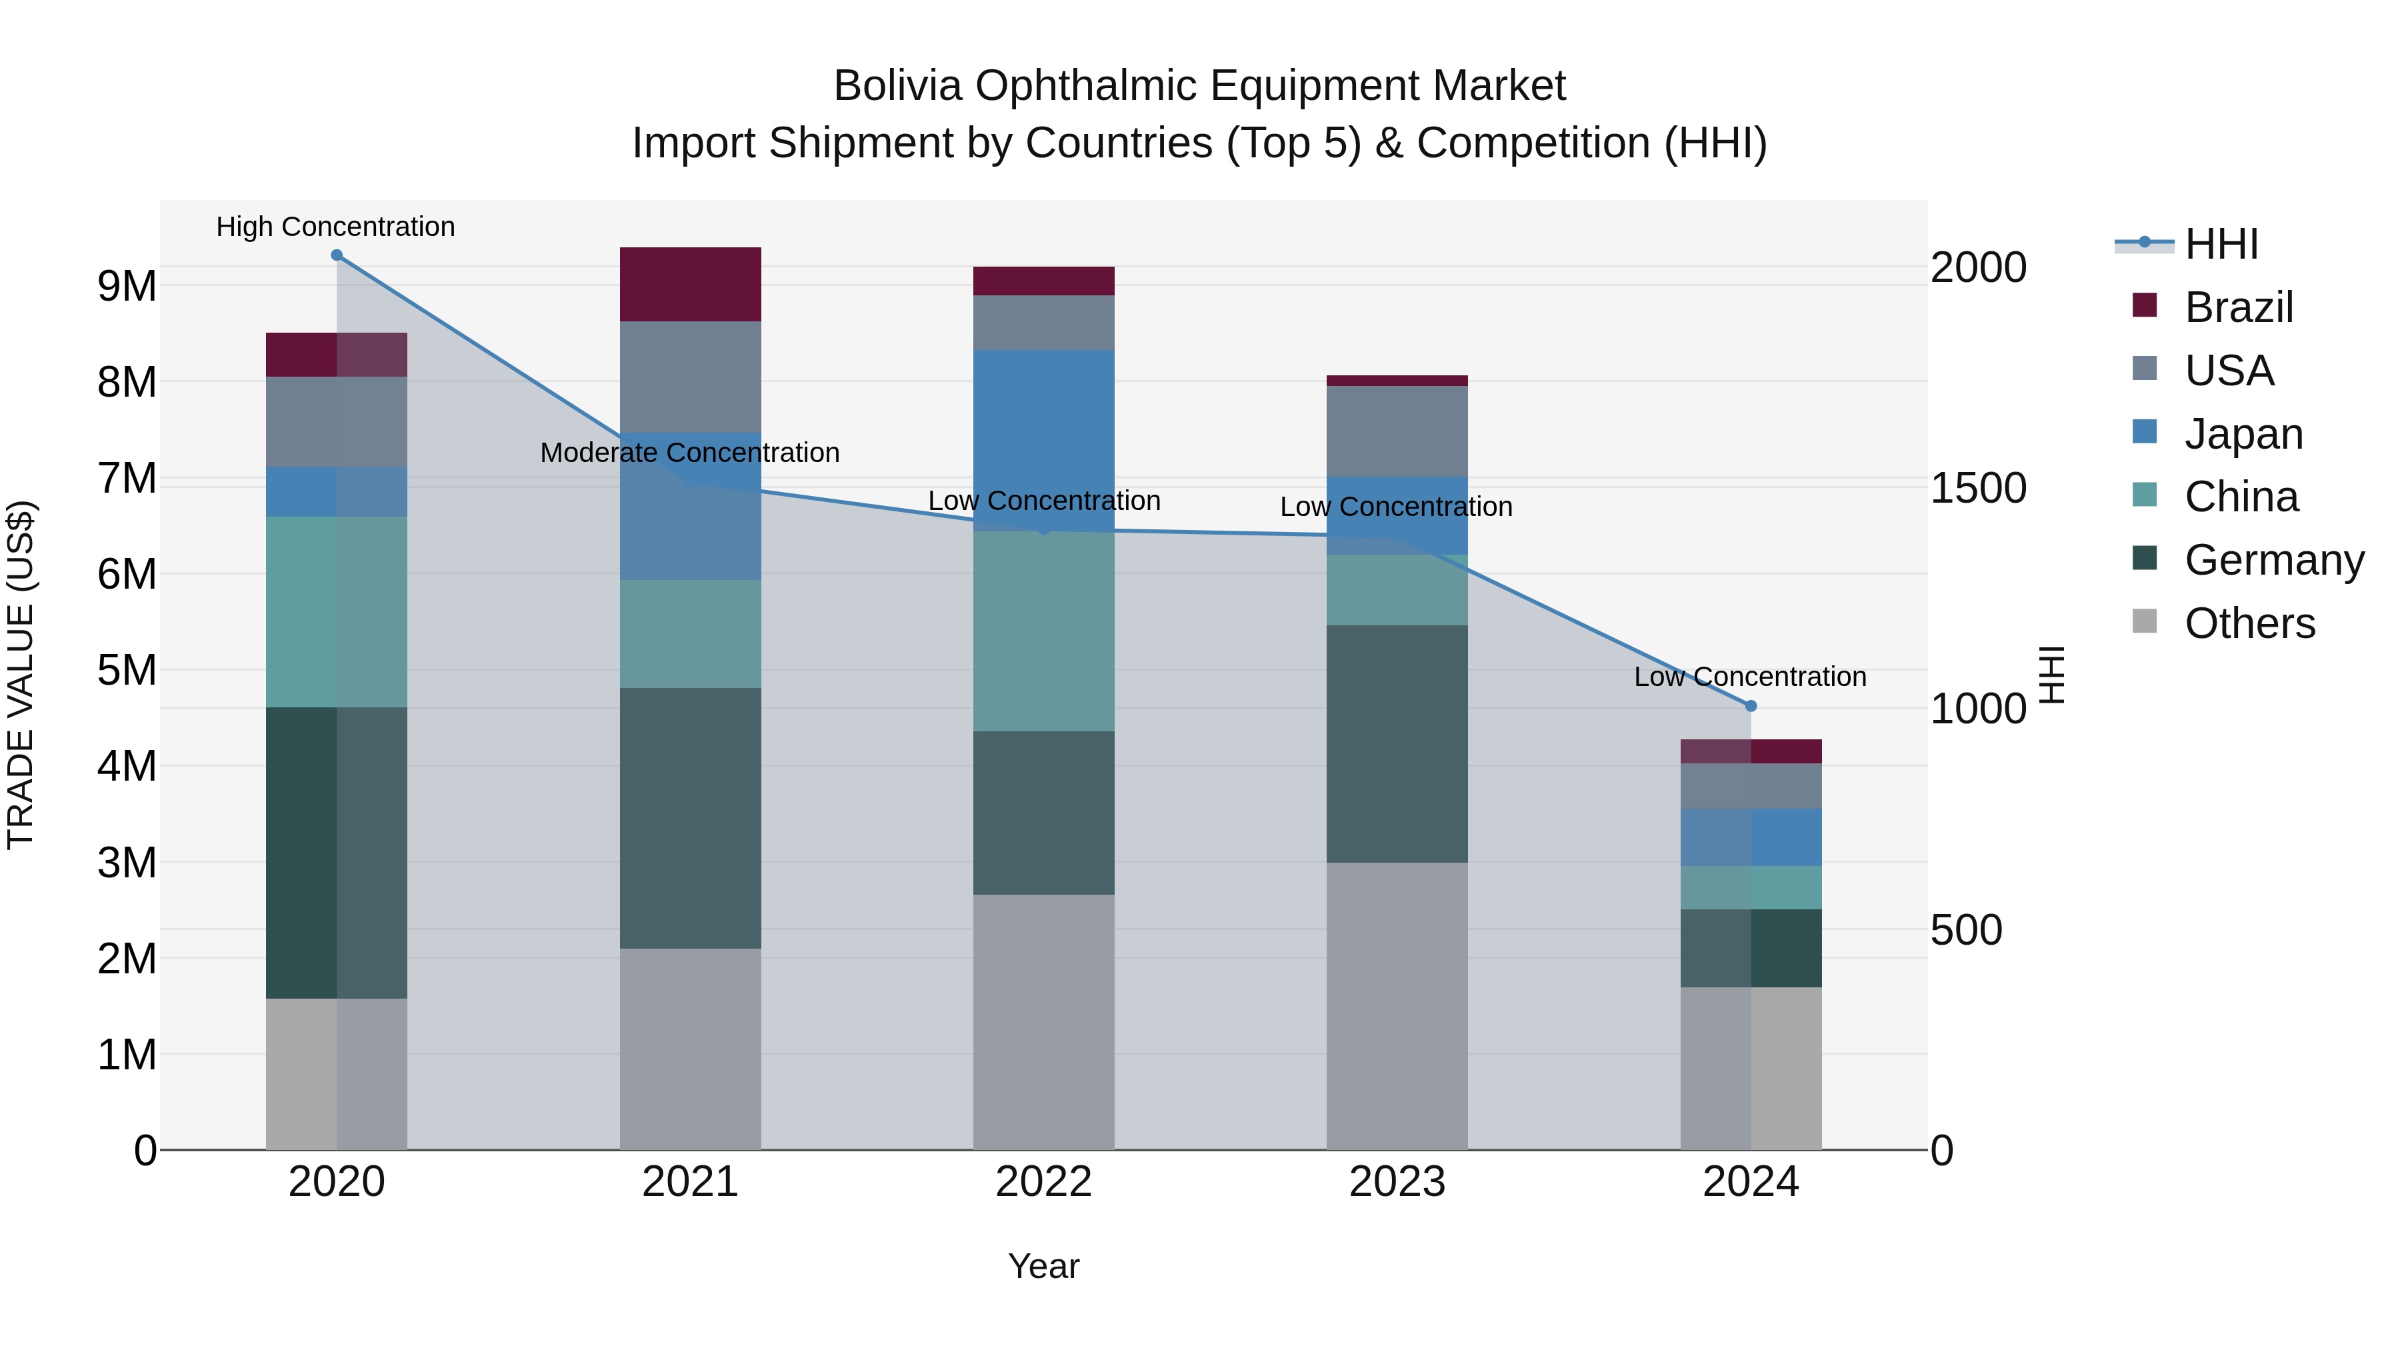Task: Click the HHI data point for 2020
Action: pyautogui.click(x=337, y=255)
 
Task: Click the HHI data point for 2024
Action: pyautogui.click(x=1751, y=706)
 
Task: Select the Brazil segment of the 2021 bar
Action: pyautogui.click(x=691, y=284)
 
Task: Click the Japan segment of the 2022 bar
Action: pyautogui.click(x=1043, y=438)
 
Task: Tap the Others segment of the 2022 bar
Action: pyautogui.click(x=1043, y=1022)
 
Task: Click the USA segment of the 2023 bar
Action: pyautogui.click(x=1397, y=431)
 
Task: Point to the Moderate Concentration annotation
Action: pyautogui.click(x=689, y=453)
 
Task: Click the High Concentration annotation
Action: pyautogui.click(x=335, y=227)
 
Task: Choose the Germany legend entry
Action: pyautogui.click(x=2273, y=561)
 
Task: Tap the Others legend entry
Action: pyautogui.click(x=2249, y=624)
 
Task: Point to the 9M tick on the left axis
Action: pyautogui.click(x=127, y=286)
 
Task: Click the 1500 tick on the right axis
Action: pyautogui.click(x=1978, y=488)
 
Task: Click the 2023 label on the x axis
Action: pyautogui.click(x=1397, y=1182)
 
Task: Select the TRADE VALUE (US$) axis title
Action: pyautogui.click(x=21, y=675)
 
